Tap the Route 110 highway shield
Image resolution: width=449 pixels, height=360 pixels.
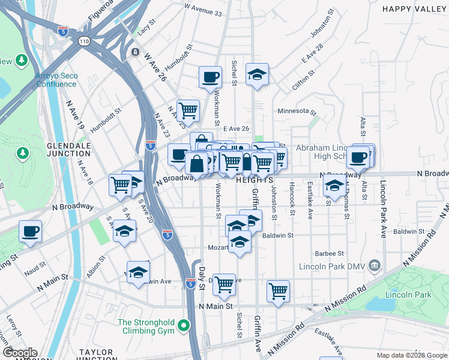click(83, 41)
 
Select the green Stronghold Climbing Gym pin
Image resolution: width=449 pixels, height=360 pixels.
click(185, 327)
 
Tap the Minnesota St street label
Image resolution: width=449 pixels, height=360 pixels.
click(297, 111)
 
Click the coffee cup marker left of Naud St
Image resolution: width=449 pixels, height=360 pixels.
click(30, 231)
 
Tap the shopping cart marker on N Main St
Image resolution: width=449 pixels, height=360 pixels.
click(278, 292)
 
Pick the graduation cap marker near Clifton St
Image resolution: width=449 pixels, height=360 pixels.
click(257, 74)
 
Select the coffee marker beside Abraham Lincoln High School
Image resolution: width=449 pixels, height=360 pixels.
click(358, 157)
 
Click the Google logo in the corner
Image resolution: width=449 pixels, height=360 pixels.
click(20, 353)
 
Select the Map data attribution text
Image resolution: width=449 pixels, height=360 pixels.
click(412, 355)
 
